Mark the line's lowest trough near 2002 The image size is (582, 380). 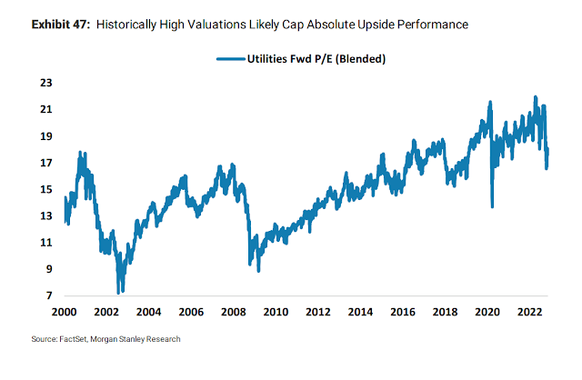point(119,292)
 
